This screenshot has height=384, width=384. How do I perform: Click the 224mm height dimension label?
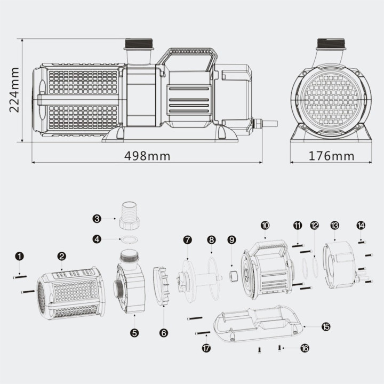(14, 90)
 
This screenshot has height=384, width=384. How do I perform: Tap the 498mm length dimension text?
(147, 156)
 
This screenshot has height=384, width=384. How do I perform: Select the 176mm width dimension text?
(331, 156)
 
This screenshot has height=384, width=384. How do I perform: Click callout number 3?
(97, 219)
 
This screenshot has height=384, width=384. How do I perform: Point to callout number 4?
(97, 239)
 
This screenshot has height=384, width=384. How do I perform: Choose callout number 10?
(265, 225)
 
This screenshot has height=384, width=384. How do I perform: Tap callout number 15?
(326, 326)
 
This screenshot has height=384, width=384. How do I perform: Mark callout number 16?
(305, 348)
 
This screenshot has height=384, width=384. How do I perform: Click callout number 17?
(206, 348)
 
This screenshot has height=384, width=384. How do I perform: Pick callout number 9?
(231, 240)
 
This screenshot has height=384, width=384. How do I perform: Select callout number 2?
(61, 257)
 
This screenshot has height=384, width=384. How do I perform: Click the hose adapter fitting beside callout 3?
(129, 215)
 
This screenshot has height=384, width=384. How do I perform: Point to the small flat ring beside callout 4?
(130, 240)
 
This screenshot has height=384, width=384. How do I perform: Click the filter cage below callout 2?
(71, 294)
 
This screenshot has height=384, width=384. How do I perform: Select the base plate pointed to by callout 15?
(258, 324)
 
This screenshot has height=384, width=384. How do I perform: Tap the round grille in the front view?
(331, 99)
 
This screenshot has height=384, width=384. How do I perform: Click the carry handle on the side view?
(187, 60)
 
